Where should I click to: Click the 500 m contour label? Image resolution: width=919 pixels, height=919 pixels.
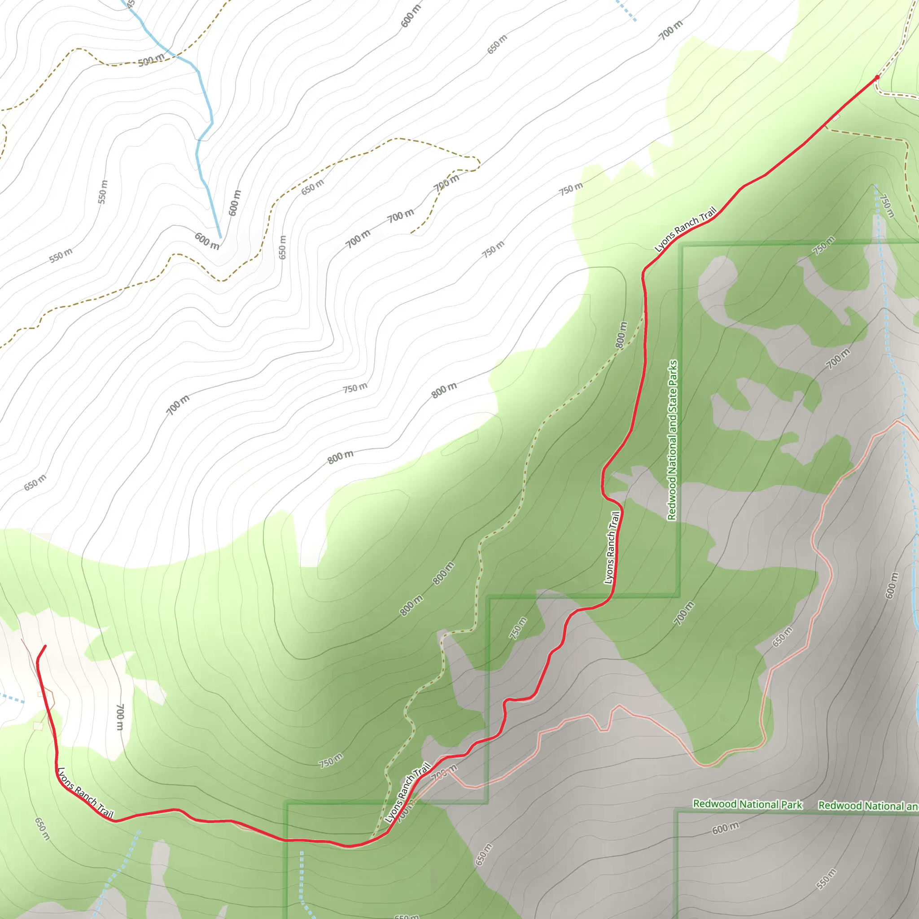151,61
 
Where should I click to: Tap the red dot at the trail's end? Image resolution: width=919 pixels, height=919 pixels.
877,77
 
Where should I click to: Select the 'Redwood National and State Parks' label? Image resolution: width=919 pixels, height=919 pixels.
672,440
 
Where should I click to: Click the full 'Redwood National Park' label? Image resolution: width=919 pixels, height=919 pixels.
747,804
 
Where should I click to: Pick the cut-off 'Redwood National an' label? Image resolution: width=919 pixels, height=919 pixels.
868,805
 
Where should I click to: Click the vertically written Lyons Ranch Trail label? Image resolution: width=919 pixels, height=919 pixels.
612,547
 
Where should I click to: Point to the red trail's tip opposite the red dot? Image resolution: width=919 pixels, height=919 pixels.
45,646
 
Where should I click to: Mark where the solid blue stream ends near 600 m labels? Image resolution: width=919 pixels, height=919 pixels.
220,237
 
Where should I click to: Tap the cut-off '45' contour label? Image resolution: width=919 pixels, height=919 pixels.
131,4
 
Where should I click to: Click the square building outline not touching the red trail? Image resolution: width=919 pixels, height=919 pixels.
38,726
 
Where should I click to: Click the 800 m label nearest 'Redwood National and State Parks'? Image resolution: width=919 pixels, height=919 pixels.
621,334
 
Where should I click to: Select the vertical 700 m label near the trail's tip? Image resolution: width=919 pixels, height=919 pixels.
120,717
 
